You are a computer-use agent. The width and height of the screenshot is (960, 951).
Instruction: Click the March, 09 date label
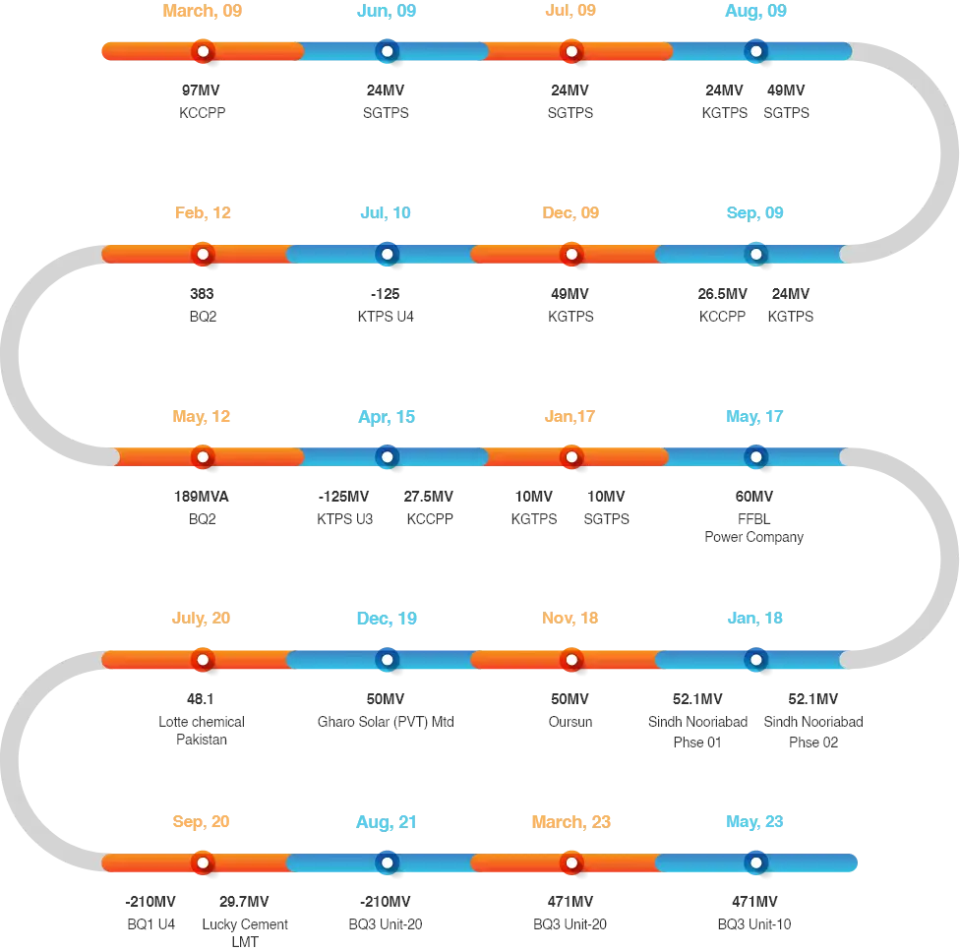click(x=203, y=12)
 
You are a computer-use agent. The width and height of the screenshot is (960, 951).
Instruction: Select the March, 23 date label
click(x=571, y=821)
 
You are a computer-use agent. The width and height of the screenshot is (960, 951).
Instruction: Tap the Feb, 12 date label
click(x=203, y=213)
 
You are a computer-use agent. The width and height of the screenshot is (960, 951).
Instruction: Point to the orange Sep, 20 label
click(x=202, y=821)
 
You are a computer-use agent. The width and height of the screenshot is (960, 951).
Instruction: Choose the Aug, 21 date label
click(x=387, y=821)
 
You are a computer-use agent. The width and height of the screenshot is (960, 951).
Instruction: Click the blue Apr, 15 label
click(x=387, y=417)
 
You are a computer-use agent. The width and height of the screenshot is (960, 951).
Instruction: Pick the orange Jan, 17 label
click(x=570, y=417)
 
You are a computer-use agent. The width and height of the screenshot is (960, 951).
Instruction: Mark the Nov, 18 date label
click(x=570, y=619)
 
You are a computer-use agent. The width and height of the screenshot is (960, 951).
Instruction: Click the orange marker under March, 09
click(x=203, y=51)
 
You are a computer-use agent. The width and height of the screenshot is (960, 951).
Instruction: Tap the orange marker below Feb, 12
click(x=203, y=254)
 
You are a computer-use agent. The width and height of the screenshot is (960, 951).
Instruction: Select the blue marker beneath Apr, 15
click(x=387, y=457)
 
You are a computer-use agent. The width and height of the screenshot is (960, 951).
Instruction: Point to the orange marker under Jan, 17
click(x=571, y=457)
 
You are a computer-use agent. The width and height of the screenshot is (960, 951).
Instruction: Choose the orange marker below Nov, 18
click(x=571, y=660)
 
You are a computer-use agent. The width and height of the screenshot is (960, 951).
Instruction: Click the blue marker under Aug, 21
click(x=387, y=862)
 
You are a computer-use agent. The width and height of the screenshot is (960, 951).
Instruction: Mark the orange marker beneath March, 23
click(x=571, y=862)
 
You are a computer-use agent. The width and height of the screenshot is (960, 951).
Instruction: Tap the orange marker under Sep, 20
click(x=203, y=862)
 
